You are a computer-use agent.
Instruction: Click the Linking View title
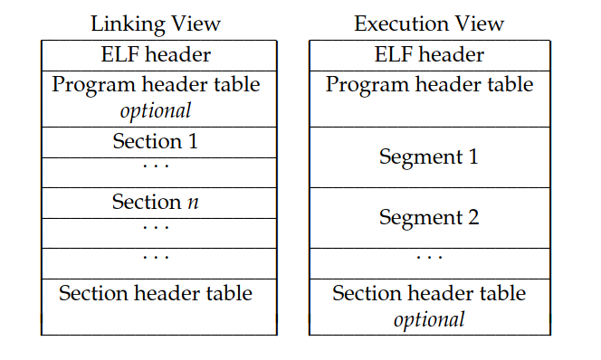(157, 24)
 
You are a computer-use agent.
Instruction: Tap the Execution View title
(428, 24)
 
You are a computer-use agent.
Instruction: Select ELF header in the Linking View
(157, 54)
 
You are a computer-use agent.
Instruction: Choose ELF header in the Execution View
(429, 54)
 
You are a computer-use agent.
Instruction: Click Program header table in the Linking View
(157, 85)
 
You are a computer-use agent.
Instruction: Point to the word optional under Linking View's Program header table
(157, 110)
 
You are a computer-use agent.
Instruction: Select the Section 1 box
(156, 141)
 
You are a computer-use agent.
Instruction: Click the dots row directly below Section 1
(156, 167)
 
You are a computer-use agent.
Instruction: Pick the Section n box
(156, 202)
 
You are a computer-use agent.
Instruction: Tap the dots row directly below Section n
(156, 228)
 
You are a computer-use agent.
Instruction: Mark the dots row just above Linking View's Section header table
(156, 258)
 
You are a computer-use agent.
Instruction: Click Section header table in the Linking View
(156, 293)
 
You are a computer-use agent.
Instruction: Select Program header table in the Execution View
(429, 85)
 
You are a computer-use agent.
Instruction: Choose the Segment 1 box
(429, 156)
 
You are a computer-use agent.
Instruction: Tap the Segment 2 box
(429, 217)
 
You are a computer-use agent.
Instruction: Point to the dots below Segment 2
(429, 258)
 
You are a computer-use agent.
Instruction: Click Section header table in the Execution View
(429, 293)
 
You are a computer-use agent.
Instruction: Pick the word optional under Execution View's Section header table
(429, 318)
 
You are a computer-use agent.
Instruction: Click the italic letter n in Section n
(193, 203)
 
